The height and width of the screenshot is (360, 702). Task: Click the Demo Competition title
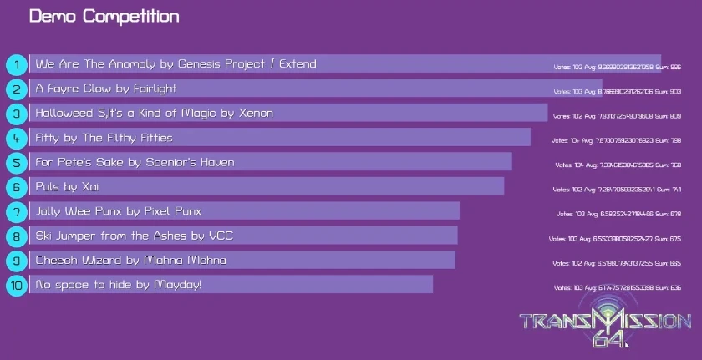tap(104, 17)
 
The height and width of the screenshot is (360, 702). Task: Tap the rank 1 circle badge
tap(17, 64)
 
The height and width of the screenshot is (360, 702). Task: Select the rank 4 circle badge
tap(17, 138)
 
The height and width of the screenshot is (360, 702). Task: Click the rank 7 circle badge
tap(17, 211)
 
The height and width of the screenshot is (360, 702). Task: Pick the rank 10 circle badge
tap(17, 286)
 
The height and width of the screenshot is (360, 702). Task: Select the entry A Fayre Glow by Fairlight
tap(106, 89)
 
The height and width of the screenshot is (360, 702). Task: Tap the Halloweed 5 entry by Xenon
tap(154, 113)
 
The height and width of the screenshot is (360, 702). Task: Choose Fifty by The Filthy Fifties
tap(104, 138)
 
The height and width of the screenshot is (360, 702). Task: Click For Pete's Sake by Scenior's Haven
tap(135, 162)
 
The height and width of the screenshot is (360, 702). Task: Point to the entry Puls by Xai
tap(68, 186)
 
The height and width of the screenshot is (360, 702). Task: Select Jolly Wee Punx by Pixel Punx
tap(118, 211)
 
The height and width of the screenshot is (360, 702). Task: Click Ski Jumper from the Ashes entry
tap(134, 236)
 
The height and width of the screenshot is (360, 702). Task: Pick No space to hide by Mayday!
tap(118, 286)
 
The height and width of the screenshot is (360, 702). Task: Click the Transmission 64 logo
tap(605, 325)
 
